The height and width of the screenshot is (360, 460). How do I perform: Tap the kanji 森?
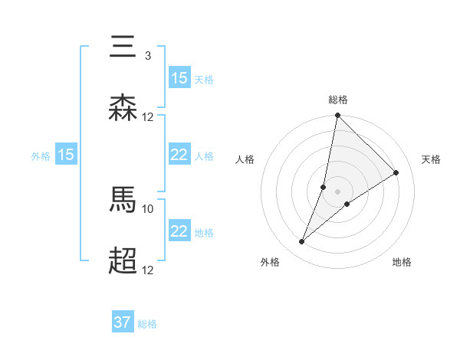point(123,107)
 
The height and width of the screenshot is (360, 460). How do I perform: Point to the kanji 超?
point(123,260)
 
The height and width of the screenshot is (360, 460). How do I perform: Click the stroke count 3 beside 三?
point(147,56)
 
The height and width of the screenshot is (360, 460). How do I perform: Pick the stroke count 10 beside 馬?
point(148,208)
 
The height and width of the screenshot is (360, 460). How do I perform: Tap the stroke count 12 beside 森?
point(148,116)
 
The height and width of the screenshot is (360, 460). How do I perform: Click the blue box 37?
point(122,322)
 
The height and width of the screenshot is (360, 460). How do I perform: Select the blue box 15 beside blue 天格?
point(179,77)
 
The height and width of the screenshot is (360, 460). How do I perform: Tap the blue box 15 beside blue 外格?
point(66,155)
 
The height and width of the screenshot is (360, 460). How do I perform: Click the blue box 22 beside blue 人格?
point(179,155)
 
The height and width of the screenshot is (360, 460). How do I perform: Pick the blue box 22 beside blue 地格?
point(179,231)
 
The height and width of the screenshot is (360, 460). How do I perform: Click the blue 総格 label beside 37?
point(147,324)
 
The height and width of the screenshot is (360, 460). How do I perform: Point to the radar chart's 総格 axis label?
point(337,100)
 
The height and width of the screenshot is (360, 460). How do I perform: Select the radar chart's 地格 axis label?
point(402,262)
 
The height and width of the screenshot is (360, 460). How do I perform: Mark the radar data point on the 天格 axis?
point(396,172)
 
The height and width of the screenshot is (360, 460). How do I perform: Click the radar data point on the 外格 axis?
point(302,242)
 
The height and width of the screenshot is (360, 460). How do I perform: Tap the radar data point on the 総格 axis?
point(337,116)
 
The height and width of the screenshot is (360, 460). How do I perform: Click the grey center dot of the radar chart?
point(337,191)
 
